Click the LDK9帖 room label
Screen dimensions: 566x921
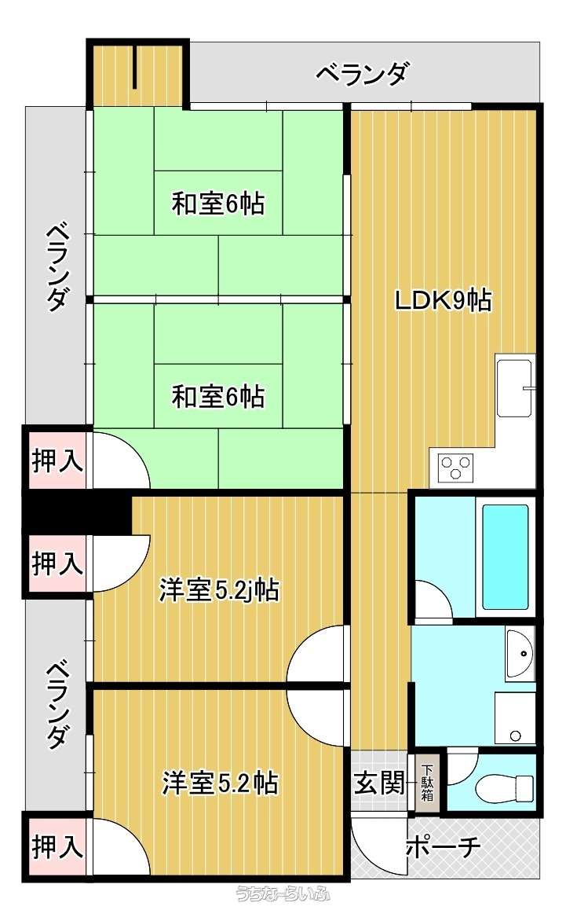click(443, 301)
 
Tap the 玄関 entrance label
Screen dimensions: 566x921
click(379, 783)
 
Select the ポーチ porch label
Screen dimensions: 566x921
click(444, 846)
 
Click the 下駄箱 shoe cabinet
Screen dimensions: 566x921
click(426, 783)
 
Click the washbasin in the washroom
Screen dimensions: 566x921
click(518, 653)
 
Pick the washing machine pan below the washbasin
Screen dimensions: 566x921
click(515, 718)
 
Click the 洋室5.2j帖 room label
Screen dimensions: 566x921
click(219, 589)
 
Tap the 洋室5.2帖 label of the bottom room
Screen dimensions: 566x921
click(220, 783)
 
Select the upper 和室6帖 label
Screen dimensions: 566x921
click(217, 204)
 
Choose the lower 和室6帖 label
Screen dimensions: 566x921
click(217, 397)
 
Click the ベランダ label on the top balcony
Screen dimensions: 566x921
click(361, 75)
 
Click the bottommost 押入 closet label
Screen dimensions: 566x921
click(57, 847)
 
